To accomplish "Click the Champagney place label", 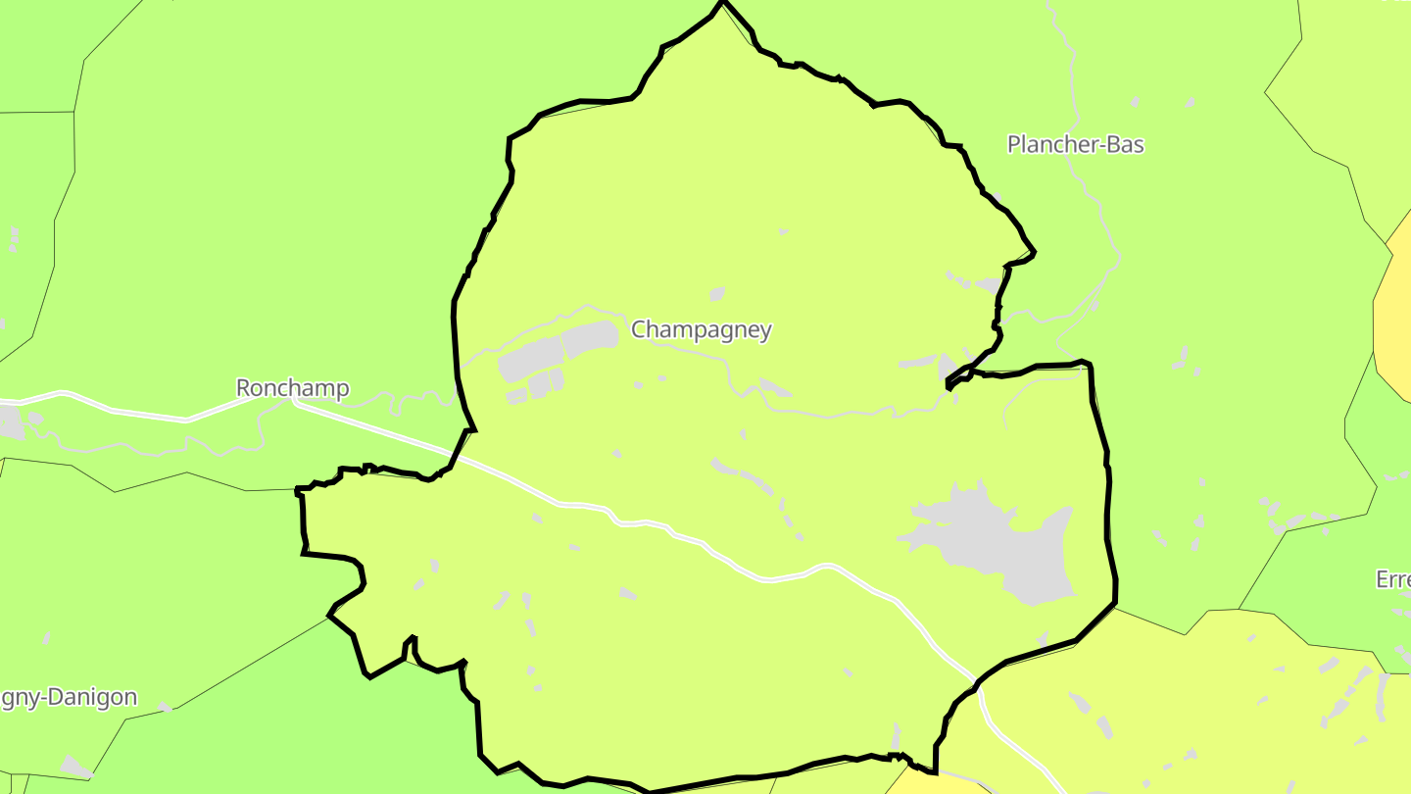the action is click(701, 329).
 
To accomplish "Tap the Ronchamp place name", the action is click(292, 388).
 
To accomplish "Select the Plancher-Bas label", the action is click(1075, 144).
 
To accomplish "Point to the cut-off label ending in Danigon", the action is click(67, 698).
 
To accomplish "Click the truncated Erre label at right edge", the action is click(1393, 579).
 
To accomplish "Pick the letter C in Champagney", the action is click(639, 329).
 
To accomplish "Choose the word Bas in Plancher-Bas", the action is click(1125, 144).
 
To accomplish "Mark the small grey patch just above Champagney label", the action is click(716, 294).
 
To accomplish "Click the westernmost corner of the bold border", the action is click(297, 489).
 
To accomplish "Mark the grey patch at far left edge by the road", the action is click(10, 422).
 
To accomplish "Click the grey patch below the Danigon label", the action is click(74, 765).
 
